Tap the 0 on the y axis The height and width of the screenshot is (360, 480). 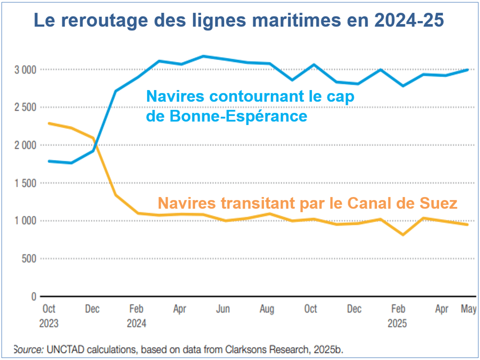tap(33, 296)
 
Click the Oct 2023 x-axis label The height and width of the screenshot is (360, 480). tap(48, 315)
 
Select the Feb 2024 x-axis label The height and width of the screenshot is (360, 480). tap(136, 315)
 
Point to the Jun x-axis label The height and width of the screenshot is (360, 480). tap(223, 309)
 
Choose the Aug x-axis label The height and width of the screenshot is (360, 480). tap(266, 309)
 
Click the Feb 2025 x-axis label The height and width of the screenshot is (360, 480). tap(397, 315)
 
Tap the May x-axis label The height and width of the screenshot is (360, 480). tap(468, 309)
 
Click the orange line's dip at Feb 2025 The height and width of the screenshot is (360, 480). tap(402, 234)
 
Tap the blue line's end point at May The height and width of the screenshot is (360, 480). tap(468, 70)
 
